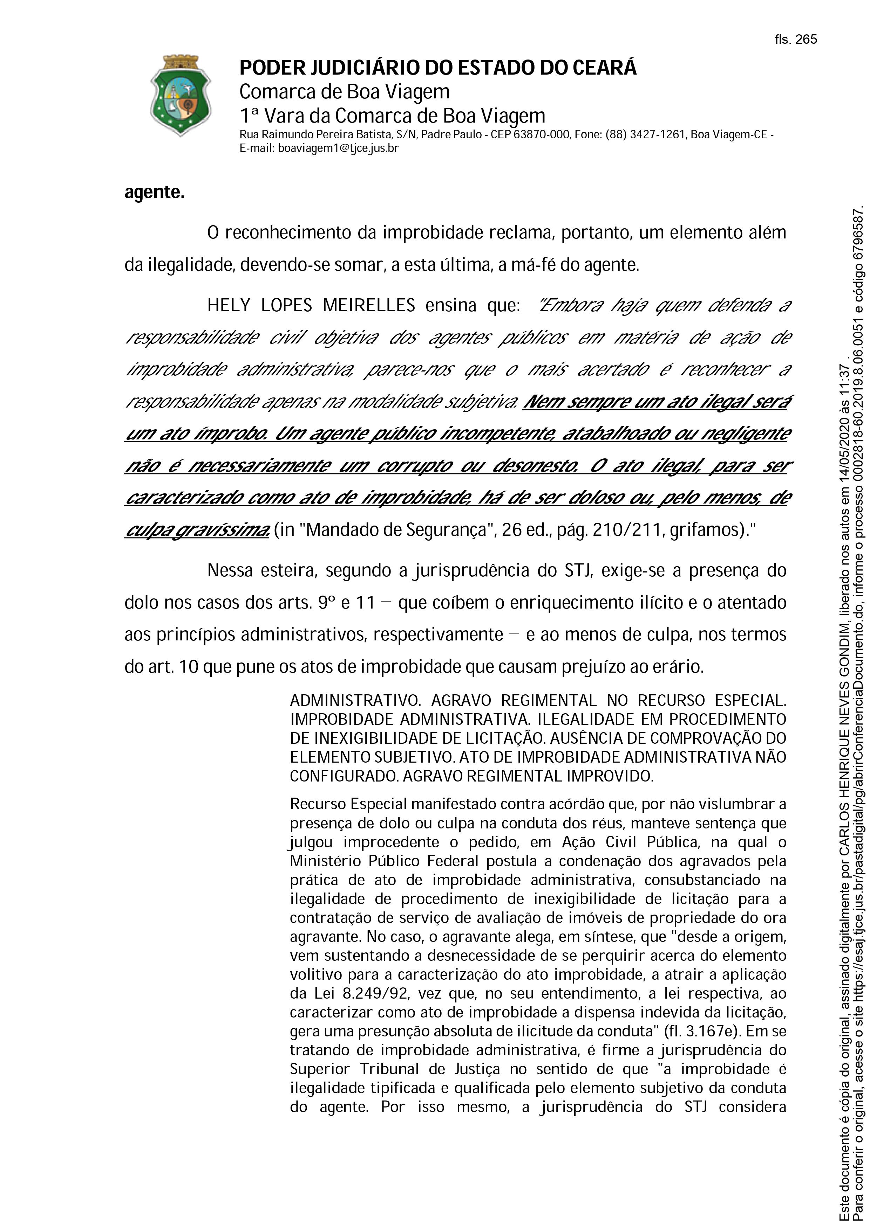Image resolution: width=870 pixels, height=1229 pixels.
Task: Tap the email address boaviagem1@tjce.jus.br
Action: pyautogui.click(x=338, y=148)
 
